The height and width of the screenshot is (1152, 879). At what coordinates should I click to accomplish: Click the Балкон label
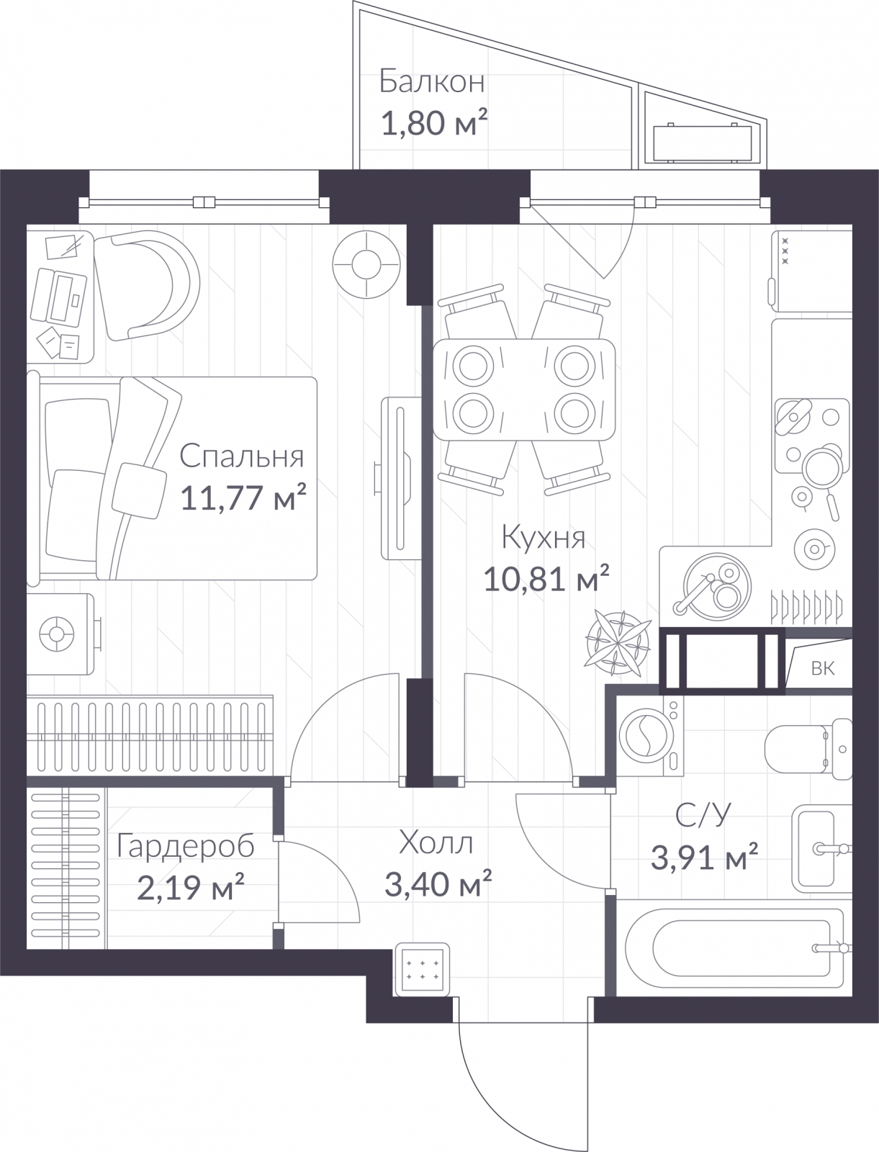(431, 82)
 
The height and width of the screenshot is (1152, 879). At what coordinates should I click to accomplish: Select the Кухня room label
(543, 538)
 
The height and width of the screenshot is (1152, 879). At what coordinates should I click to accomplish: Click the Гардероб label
(185, 845)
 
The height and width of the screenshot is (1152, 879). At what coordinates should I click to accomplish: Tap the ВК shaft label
(823, 668)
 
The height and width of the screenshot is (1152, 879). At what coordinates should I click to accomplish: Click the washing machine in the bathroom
(652, 735)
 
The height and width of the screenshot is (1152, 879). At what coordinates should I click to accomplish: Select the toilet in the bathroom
(808, 748)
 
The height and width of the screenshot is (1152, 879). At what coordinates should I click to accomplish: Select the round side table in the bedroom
(366, 264)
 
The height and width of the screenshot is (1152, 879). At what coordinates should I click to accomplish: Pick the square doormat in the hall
(422, 969)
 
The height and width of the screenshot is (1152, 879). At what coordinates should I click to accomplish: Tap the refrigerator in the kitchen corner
(811, 271)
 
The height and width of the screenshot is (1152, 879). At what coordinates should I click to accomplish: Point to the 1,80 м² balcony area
(435, 123)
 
